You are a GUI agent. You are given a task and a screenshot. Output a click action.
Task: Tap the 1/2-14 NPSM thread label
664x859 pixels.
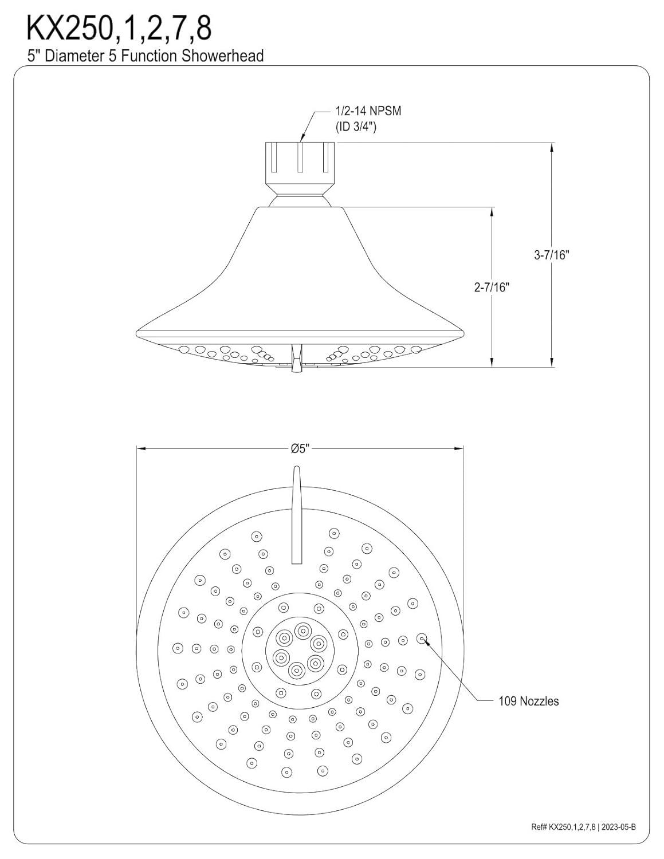[368, 111]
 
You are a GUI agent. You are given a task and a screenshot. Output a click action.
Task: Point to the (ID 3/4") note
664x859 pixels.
[355, 127]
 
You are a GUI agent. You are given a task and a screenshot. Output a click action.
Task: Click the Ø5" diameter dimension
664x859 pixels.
[300, 448]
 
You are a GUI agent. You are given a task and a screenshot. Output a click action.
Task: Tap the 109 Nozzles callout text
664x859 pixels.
[528, 701]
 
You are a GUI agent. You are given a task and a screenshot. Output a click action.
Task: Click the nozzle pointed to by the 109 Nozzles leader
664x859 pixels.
[422, 637]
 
